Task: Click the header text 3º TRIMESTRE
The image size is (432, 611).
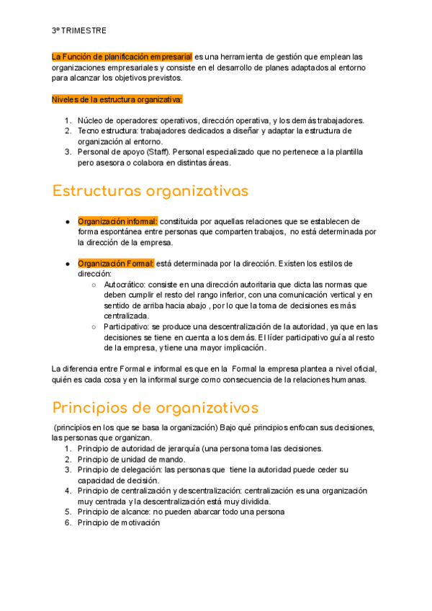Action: tap(79, 30)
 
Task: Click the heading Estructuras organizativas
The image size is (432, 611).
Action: tap(150, 191)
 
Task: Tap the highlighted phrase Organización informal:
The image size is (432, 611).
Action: tap(117, 221)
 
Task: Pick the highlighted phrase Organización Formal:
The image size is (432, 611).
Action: tap(116, 264)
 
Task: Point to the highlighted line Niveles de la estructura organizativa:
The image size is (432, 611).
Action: tap(117, 99)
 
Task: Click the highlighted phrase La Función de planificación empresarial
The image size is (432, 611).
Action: tap(122, 55)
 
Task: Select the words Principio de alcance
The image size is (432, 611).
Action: tap(115, 512)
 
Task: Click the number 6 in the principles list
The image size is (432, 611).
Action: tap(68, 522)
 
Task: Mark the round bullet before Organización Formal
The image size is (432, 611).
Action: tap(66, 264)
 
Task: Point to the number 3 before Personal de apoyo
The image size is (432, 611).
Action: tap(68, 152)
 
